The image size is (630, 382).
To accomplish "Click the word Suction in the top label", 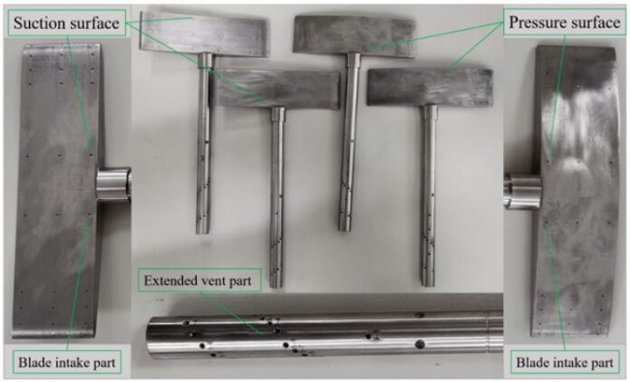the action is point(39,22).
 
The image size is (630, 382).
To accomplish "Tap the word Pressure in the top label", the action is point(537,22).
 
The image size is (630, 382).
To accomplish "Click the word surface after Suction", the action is point(94,22).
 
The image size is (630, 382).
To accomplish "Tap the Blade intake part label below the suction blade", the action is point(67,363).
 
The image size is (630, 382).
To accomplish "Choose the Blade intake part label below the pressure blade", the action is point(564,363).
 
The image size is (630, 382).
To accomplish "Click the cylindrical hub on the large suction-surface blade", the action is point(113,184).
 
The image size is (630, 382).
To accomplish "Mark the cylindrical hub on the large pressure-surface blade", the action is point(522,191).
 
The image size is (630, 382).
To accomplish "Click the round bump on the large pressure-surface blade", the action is point(574,174).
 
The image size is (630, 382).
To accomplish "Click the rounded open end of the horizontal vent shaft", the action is point(151,334).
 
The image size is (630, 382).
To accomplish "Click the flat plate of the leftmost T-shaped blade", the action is point(204,34).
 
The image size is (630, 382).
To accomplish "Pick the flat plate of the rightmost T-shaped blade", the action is point(429,87).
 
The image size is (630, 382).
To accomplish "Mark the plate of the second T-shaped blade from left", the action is point(276,89).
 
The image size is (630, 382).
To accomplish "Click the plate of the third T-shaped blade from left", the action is point(354,37).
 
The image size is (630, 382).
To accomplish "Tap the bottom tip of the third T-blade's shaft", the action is point(345,229).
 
